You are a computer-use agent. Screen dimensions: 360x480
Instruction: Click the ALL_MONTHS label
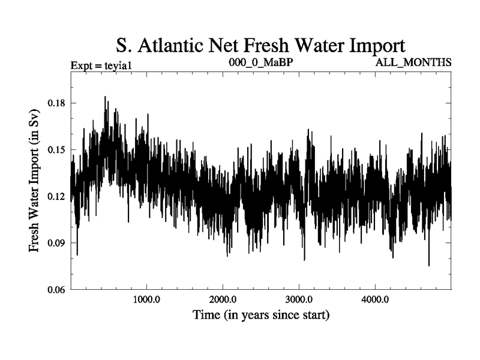[x=413, y=62]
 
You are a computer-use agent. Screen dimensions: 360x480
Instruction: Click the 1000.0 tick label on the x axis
[x=146, y=299]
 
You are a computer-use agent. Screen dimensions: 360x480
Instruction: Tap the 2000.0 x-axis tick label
[x=223, y=299]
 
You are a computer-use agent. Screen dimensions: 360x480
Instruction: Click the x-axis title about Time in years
[x=260, y=314]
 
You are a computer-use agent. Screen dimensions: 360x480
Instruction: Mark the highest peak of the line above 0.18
[x=105, y=97]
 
